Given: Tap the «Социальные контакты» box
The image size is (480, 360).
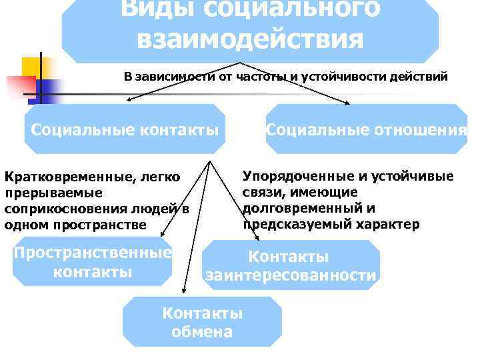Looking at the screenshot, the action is coord(125,129).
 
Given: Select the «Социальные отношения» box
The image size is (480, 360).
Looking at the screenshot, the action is coord(366,129).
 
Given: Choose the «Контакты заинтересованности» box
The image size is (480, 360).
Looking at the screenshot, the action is coord(291,265).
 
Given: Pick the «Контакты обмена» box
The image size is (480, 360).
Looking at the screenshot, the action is coord(202,322).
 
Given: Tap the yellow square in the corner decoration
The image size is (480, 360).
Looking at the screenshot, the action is coord(31,67).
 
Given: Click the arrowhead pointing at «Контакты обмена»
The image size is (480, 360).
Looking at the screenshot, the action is coord(183,291).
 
